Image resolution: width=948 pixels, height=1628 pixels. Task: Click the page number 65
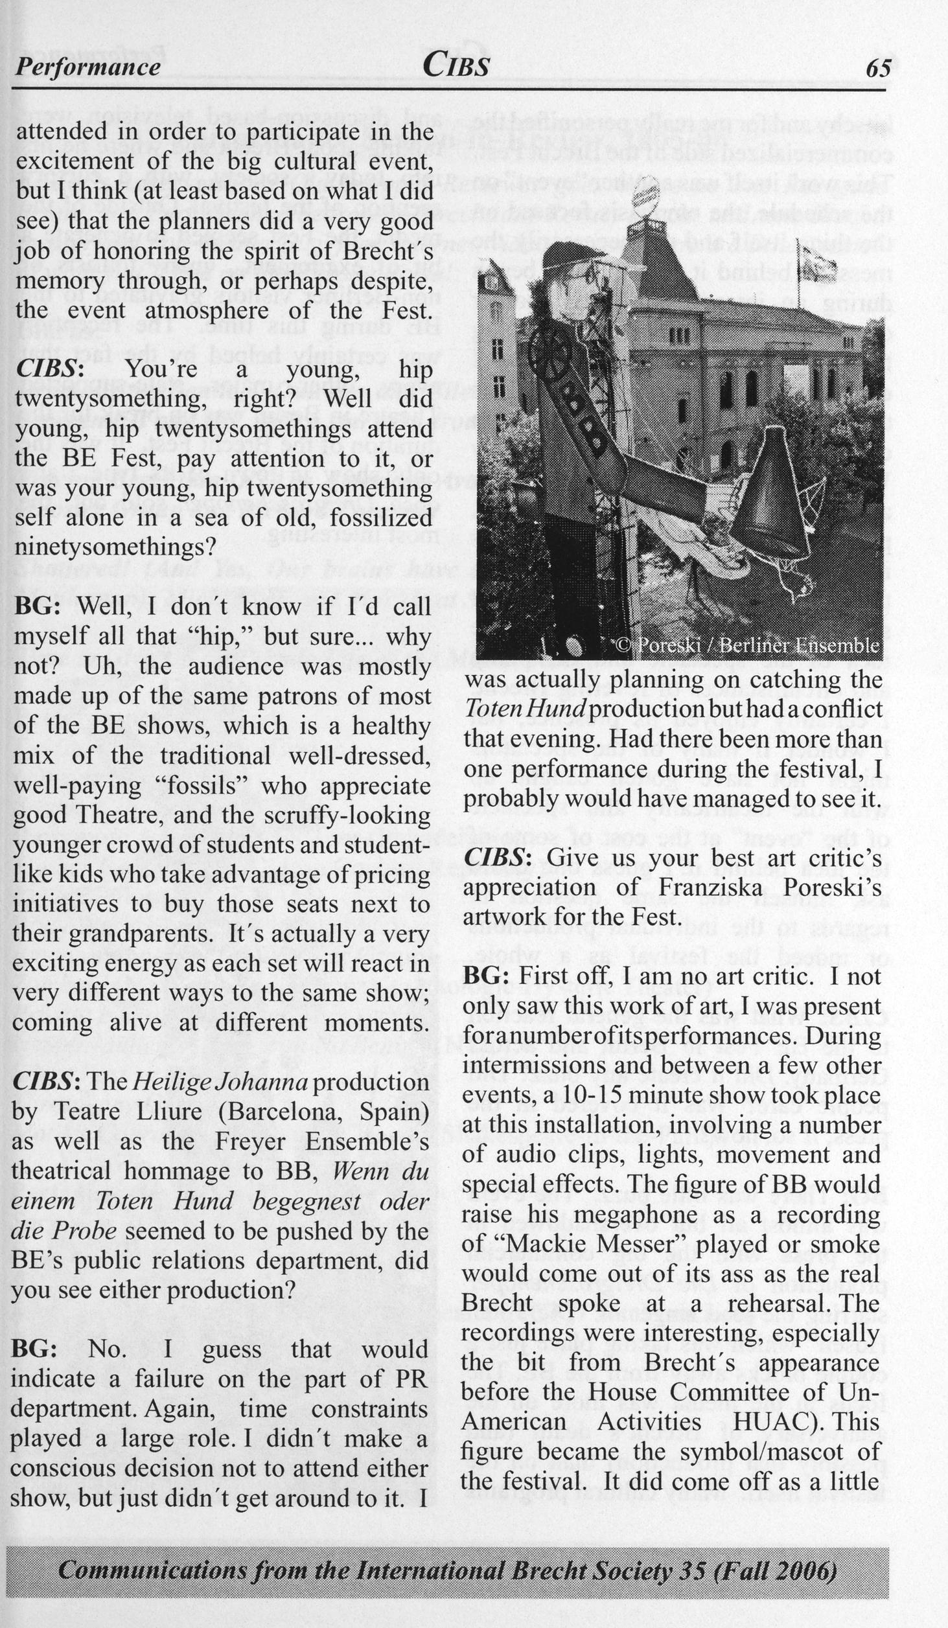(x=879, y=67)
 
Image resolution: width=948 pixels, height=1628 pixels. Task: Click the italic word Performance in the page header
(x=88, y=67)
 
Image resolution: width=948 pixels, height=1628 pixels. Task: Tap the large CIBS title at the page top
(x=456, y=65)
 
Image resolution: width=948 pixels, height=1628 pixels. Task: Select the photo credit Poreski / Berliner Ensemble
(x=747, y=645)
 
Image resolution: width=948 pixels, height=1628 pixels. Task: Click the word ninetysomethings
(x=114, y=547)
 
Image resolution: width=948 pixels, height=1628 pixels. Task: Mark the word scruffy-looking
(x=347, y=815)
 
